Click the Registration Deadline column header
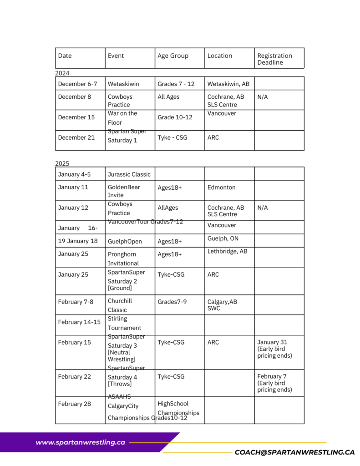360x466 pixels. tap(274, 59)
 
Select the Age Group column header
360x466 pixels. tap(173, 56)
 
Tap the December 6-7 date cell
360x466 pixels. tap(77, 84)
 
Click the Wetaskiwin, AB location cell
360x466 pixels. tap(228, 84)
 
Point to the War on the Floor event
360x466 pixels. tap(122, 118)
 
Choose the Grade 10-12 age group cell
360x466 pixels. tap(175, 117)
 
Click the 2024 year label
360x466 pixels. tap(62, 73)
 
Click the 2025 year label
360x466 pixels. tap(62, 163)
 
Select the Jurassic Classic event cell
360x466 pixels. tap(129, 174)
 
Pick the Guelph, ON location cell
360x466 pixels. tap(223, 238)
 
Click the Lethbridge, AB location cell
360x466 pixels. tap(227, 251)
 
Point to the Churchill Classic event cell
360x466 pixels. tap(120, 305)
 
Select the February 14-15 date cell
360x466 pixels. tap(79, 322)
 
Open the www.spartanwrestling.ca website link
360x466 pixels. tap(80, 442)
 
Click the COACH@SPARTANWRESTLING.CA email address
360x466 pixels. tap(294, 452)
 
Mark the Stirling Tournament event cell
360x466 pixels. tap(124, 323)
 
